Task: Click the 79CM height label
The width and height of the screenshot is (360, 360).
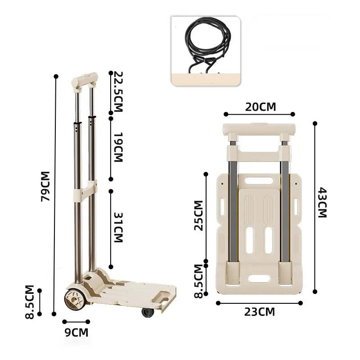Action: (45, 186)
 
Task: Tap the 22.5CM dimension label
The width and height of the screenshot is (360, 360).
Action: (118, 92)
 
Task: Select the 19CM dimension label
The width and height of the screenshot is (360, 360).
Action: (118, 147)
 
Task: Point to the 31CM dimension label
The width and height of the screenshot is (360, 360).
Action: (118, 228)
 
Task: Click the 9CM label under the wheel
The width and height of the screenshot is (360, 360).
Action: (76, 333)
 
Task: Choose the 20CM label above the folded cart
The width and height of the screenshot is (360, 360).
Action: (261, 107)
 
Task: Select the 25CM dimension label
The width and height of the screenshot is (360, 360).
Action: (199, 216)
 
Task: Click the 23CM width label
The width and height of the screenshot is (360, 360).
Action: (260, 312)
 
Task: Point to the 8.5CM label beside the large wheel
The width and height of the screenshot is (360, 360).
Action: (30, 302)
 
